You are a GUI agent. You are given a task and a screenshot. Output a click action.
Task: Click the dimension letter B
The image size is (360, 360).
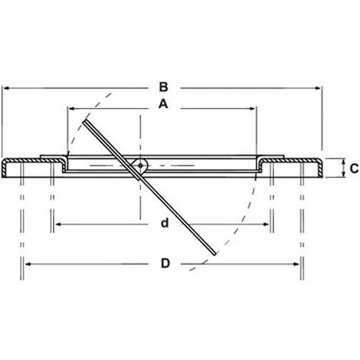tap(162, 87)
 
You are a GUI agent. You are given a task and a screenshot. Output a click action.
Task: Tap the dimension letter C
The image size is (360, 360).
tap(353, 168)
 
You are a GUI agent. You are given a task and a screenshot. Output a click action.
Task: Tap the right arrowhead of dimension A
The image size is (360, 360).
tap(256, 108)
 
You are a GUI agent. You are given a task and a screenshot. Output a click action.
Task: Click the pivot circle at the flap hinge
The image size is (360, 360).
tap(140, 165)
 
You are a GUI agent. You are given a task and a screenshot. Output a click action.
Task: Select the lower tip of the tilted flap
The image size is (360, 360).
tap(215, 254)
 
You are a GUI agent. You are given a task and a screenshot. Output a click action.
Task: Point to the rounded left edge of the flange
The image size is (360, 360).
tap(5, 168)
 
